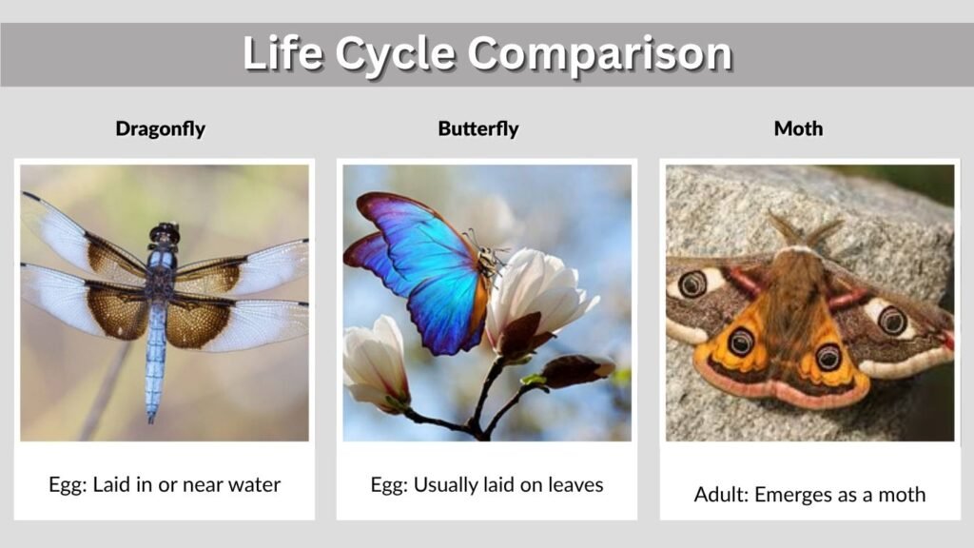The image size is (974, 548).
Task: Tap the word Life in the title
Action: click(281, 53)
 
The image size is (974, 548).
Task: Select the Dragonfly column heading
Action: click(160, 128)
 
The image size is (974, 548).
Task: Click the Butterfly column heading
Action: click(478, 128)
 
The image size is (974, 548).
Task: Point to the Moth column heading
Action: click(798, 128)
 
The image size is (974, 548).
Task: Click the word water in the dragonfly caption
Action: click(252, 484)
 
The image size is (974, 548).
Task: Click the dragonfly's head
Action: click(165, 233)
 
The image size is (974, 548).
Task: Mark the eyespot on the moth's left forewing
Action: click(692, 284)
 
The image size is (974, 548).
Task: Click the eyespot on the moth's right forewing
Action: click(892, 320)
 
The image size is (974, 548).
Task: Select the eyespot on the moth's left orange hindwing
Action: click(741, 342)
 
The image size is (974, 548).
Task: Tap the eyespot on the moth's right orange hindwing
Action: click(828, 357)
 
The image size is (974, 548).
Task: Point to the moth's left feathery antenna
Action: click(784, 228)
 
